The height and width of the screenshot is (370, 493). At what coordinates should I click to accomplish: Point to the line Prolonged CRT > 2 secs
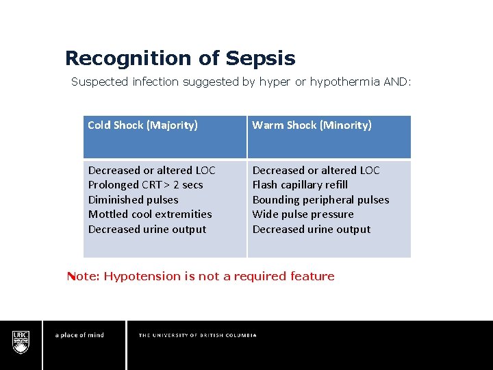(x=145, y=185)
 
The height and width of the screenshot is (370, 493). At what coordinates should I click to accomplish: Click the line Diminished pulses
(x=133, y=200)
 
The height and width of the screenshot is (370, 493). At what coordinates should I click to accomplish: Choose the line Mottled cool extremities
(x=150, y=214)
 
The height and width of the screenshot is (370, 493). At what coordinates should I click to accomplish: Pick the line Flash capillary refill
(x=300, y=185)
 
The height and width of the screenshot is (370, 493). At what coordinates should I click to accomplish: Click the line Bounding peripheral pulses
(x=320, y=200)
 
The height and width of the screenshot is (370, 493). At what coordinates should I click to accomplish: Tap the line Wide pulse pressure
(x=303, y=214)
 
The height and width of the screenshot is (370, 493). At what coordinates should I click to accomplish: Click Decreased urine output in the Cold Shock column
(x=147, y=230)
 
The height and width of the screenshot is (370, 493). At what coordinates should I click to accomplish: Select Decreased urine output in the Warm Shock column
(x=312, y=230)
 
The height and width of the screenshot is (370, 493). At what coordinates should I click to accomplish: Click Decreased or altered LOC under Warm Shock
(x=316, y=171)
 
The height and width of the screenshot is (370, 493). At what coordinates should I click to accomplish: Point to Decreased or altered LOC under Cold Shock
(x=151, y=171)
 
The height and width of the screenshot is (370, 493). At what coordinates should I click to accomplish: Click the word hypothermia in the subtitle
(x=344, y=82)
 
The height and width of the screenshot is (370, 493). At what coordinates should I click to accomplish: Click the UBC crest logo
(x=21, y=341)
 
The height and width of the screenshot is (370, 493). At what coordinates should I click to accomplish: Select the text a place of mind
(x=79, y=335)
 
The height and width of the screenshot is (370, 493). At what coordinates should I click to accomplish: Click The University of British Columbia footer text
(x=197, y=335)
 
